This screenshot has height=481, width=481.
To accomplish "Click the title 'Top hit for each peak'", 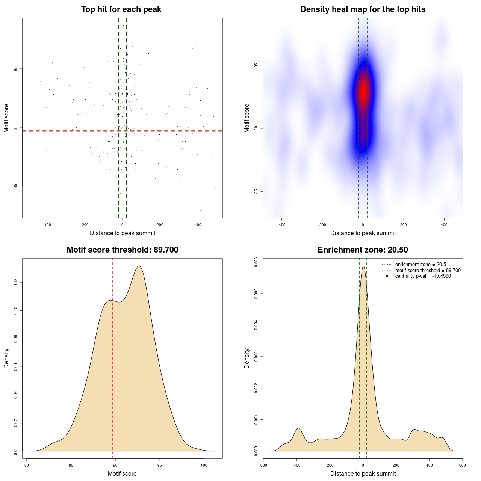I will (121, 9).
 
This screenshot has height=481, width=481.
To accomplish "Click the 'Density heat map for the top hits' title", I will (363, 9).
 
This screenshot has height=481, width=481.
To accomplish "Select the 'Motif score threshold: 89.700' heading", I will (122, 250).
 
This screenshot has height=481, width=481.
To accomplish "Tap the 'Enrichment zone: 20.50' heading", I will (363, 250).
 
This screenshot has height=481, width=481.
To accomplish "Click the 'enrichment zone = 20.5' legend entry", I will (420, 265).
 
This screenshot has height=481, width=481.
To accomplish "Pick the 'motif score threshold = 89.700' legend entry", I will (428, 270).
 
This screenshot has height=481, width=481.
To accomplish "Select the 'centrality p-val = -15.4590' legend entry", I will (423, 276).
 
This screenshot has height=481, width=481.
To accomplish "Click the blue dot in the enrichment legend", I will (387, 276).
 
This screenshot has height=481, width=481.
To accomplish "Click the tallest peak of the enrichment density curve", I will (363, 266).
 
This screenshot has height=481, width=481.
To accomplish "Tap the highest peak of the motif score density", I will (139, 266).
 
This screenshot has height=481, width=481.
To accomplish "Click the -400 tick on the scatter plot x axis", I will (47, 225).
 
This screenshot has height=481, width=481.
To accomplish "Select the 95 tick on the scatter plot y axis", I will (15, 69).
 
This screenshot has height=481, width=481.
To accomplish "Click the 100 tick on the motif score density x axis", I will (204, 465).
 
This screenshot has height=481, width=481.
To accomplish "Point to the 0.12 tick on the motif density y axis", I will (15, 283).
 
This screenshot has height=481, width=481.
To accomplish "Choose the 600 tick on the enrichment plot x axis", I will (462, 465).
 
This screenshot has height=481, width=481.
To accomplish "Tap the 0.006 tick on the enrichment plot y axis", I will (256, 262).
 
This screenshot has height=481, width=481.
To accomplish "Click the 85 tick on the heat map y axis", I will (256, 191).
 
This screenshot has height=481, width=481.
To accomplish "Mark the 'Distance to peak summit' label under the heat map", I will (363, 233).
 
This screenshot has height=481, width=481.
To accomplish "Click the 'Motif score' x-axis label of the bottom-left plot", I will (122, 474).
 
